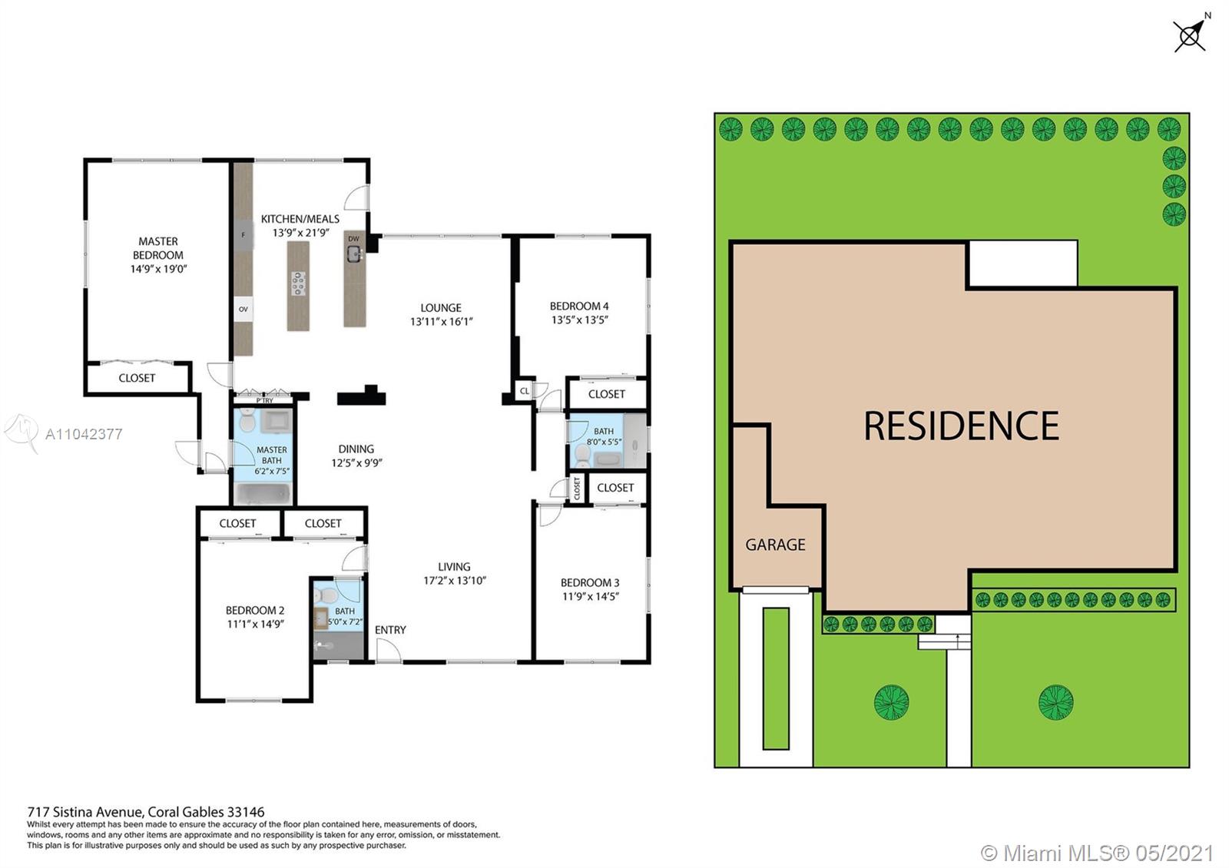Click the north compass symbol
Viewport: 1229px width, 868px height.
tap(1191, 34)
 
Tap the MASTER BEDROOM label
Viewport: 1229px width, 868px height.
tap(158, 248)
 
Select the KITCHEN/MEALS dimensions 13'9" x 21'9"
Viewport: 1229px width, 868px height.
tap(300, 233)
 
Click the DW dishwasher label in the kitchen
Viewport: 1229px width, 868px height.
tap(353, 239)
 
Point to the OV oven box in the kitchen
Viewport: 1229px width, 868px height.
tap(243, 310)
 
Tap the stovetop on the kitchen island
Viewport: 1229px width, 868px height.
tap(299, 283)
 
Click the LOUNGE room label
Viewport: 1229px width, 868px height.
tap(441, 308)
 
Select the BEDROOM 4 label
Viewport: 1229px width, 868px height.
tap(579, 306)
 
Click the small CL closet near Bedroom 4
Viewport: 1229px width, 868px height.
tap(525, 391)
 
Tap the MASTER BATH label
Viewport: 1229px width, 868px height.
tap(272, 455)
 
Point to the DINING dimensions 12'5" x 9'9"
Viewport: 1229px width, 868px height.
tap(356, 463)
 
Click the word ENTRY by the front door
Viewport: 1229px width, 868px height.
tap(391, 630)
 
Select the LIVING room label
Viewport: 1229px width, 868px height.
tap(454, 567)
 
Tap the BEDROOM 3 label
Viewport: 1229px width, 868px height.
tap(590, 583)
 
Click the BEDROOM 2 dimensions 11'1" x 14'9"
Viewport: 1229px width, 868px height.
tap(256, 624)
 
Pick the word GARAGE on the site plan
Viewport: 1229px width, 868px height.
tap(775, 545)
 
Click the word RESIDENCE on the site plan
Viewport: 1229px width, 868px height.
tap(962, 426)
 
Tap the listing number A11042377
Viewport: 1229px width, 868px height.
tap(84, 435)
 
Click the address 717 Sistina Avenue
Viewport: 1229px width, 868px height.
tap(86, 811)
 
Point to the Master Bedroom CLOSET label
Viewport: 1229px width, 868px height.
tap(137, 378)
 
